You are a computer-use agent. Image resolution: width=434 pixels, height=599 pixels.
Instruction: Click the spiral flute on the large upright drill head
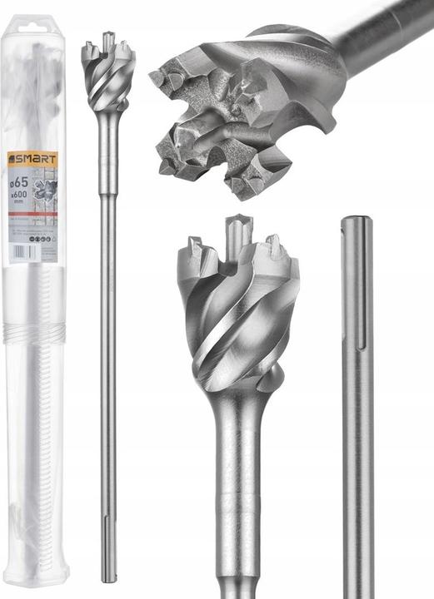click(x=237, y=333)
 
